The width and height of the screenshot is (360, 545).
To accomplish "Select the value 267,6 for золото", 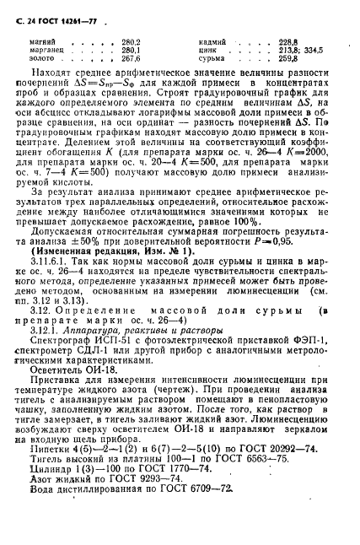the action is (x=131, y=59).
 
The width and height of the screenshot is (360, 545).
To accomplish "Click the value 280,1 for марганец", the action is (x=131, y=50).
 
